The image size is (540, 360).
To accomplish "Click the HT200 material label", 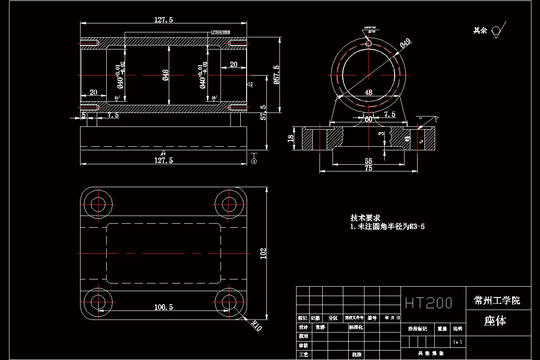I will [x=428, y=302].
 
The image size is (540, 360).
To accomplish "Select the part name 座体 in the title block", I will [x=495, y=321].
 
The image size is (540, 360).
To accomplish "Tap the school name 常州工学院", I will [x=497, y=300].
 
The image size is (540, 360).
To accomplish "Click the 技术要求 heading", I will [x=365, y=218].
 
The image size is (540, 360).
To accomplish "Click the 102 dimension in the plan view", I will [x=263, y=253].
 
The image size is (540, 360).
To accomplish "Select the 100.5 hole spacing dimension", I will [x=163, y=307].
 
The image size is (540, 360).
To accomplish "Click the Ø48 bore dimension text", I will [x=165, y=75].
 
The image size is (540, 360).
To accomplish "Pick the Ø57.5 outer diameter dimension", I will [x=276, y=75].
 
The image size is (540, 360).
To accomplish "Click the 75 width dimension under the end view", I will [x=368, y=168].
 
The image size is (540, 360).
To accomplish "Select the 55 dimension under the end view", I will [x=368, y=161].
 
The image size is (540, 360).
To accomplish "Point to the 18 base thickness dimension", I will [x=291, y=138].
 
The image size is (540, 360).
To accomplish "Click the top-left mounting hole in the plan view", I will [x=98, y=204].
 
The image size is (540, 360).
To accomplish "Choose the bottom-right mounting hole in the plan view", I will [x=229, y=301].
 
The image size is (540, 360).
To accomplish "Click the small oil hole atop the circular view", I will [x=369, y=43].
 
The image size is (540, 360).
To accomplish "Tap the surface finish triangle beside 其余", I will [x=497, y=30].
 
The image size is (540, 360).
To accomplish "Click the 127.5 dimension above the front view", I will [x=163, y=20].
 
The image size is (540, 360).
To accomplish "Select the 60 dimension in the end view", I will [x=368, y=119].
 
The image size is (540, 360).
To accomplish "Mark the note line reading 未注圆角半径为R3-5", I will [x=387, y=227].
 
